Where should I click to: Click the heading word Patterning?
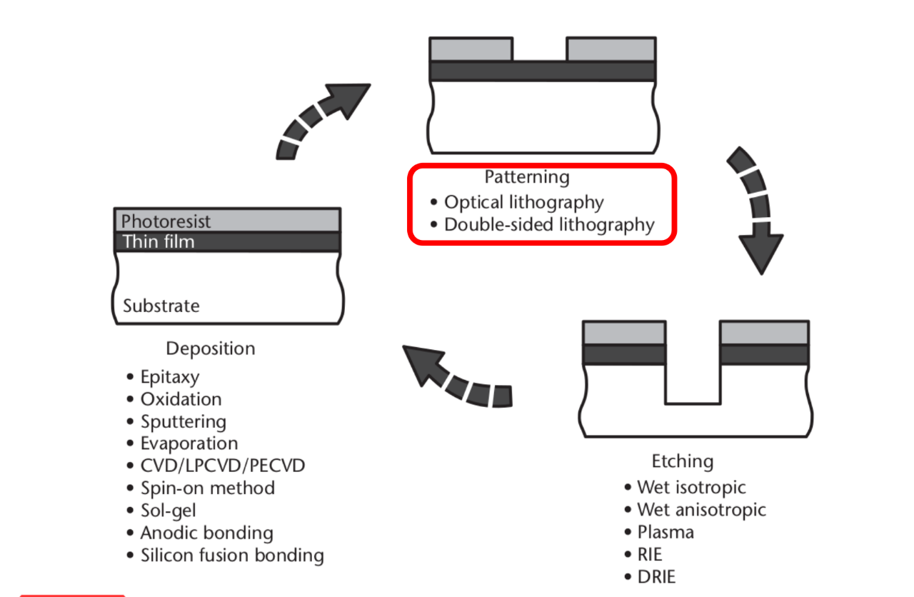(527, 176)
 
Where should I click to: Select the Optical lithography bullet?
(523, 202)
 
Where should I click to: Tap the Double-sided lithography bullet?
(548, 225)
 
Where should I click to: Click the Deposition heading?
(210, 348)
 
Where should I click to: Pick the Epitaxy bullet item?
(169, 376)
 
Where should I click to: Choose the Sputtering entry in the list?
(183, 421)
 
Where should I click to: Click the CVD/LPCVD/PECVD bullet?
(222, 466)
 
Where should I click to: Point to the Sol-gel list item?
(168, 511)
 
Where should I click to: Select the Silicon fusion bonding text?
(231, 556)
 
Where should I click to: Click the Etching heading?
(682, 461)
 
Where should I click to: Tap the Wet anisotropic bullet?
(701, 510)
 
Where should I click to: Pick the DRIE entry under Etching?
(656, 577)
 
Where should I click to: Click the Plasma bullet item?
(665, 532)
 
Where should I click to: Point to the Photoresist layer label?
(166, 221)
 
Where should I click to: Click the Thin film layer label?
(158, 241)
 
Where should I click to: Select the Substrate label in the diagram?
(161, 306)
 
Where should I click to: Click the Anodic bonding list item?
(206, 533)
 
